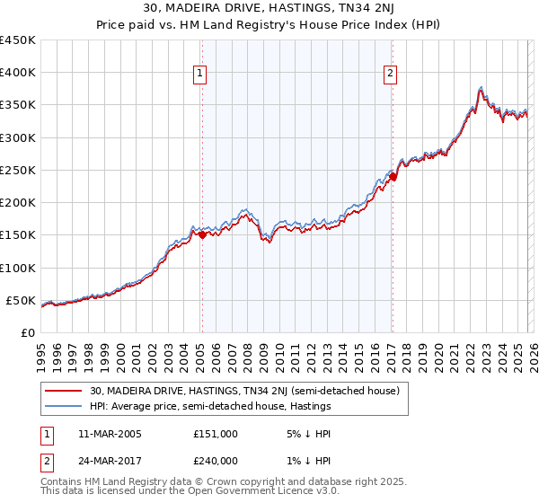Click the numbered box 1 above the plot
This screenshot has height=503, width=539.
point(199,75)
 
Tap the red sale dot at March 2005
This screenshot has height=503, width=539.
point(202,234)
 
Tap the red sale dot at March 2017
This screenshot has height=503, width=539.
point(393,177)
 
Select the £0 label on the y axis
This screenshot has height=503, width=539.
point(27,332)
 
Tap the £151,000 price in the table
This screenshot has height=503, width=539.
point(215,434)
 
